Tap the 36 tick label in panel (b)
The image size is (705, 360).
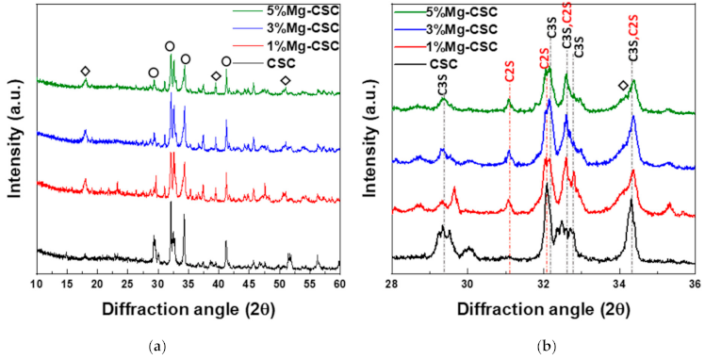pyautogui.click(x=694, y=283)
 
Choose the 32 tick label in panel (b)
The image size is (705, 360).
pyautogui.click(x=544, y=283)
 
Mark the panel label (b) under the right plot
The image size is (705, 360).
pyautogui.click(x=546, y=347)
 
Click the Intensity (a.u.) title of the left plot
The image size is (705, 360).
pyautogui.click(x=15, y=141)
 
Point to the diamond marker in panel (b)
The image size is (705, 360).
pyautogui.click(x=622, y=86)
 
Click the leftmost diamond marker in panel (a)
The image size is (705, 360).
pyautogui.click(x=86, y=72)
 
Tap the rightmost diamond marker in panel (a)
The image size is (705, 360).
pyautogui.click(x=286, y=81)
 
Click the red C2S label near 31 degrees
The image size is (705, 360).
pyautogui.click(x=509, y=69)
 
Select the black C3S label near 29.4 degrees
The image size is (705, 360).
pyautogui.click(x=443, y=89)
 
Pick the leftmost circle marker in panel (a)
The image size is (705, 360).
pyautogui.click(x=154, y=72)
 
